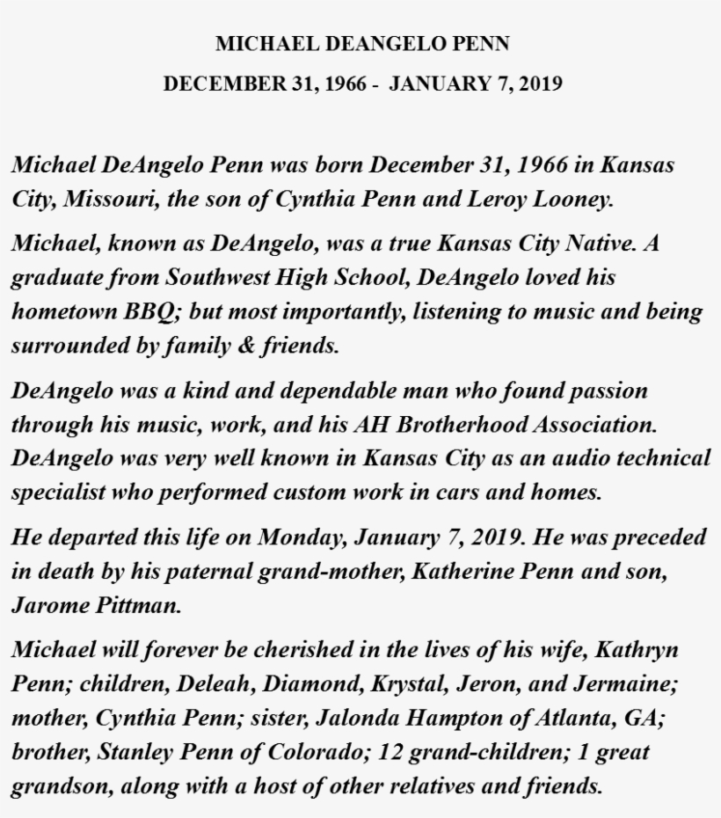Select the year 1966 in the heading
(346, 84)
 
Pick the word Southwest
(229, 277)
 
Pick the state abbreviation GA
(645, 718)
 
